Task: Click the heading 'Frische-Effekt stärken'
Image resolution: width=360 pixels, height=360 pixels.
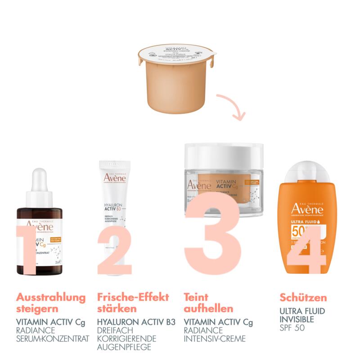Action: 133,303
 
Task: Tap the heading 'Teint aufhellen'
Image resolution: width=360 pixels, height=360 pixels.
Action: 209,303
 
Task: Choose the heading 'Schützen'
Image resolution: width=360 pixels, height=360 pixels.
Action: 303,298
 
